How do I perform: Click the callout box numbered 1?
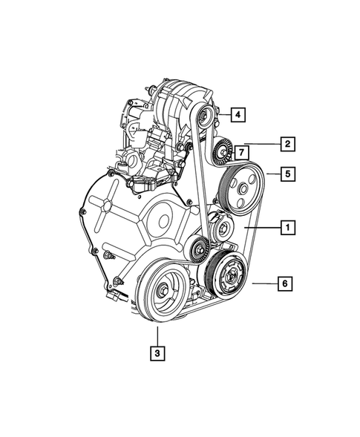pyautogui.click(x=285, y=228)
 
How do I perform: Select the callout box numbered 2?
pyautogui.click(x=285, y=143)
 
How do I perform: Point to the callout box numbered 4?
pyautogui.click(x=236, y=114)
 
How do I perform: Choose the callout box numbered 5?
pyautogui.click(x=285, y=174)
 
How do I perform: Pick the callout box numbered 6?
pyautogui.click(x=285, y=283)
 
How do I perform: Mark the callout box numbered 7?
pyautogui.click(x=240, y=153)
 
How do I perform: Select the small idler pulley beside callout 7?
pyautogui.click(x=220, y=154)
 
